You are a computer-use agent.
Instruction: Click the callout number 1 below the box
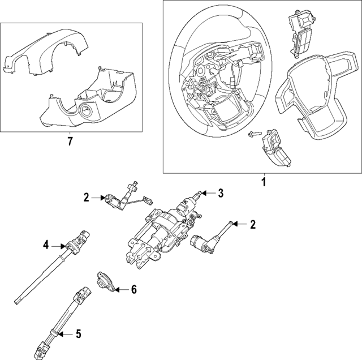tap(262, 182)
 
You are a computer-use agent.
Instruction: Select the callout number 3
tap(221, 194)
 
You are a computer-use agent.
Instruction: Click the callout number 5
tap(78, 335)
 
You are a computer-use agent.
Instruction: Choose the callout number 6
tap(133, 290)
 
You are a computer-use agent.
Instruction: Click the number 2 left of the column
tap(86, 197)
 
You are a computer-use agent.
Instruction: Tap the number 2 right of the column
tap(253, 225)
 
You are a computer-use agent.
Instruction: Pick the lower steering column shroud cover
tap(90, 102)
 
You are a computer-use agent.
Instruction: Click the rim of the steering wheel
tap(180, 62)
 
